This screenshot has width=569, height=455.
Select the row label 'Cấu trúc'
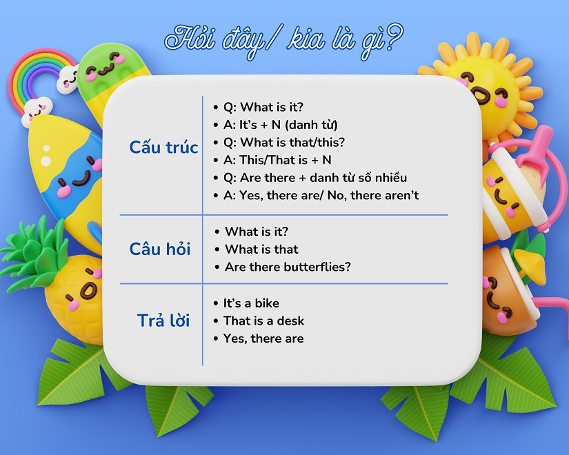pos(163,148)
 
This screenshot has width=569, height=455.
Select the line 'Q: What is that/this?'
pos(283,143)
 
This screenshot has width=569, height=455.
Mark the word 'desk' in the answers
pos(291,321)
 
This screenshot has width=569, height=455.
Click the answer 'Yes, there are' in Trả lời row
pos(263,338)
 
